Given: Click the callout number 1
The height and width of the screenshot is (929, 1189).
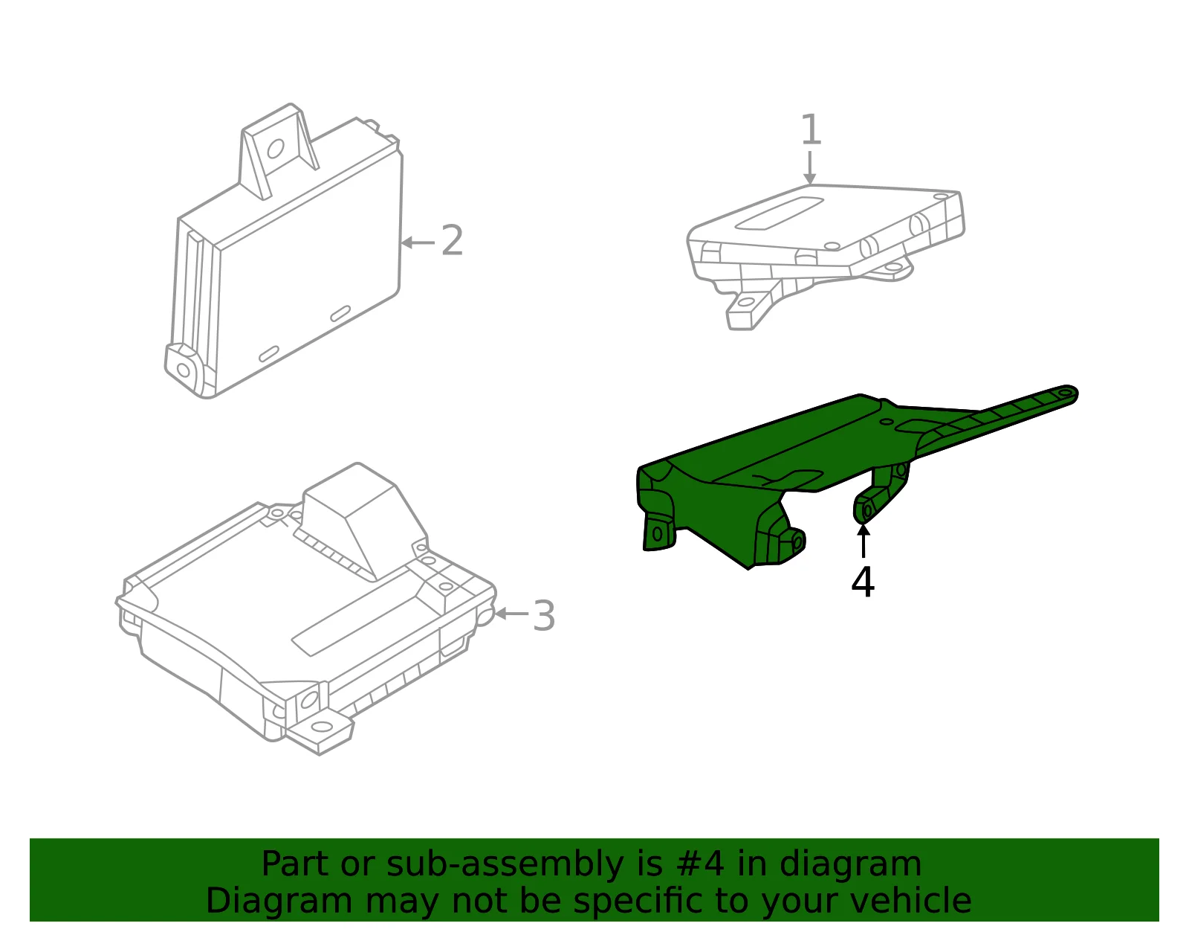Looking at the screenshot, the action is point(811,129).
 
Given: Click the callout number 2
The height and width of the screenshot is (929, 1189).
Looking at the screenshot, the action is point(453,240).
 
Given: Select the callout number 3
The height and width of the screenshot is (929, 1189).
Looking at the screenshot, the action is point(544,616).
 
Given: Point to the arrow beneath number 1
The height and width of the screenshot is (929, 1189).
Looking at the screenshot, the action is point(810,167).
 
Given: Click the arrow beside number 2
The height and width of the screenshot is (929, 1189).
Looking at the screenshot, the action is point(418,242).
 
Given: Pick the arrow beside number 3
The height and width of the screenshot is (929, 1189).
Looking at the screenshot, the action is point(511,614).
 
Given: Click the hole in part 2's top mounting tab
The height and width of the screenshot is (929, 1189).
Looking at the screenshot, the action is point(275,148).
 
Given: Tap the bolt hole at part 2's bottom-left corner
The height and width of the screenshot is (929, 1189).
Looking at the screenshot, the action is point(184,370).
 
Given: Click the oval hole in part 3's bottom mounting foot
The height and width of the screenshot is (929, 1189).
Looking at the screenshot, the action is point(321,727).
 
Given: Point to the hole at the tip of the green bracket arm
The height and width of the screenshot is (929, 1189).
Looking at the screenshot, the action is point(1065,393).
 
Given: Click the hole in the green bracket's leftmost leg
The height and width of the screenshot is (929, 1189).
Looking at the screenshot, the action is point(657,533).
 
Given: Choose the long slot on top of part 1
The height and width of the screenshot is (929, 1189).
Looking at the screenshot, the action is point(780,213).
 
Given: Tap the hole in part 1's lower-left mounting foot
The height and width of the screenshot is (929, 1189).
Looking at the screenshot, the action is point(745,302).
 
